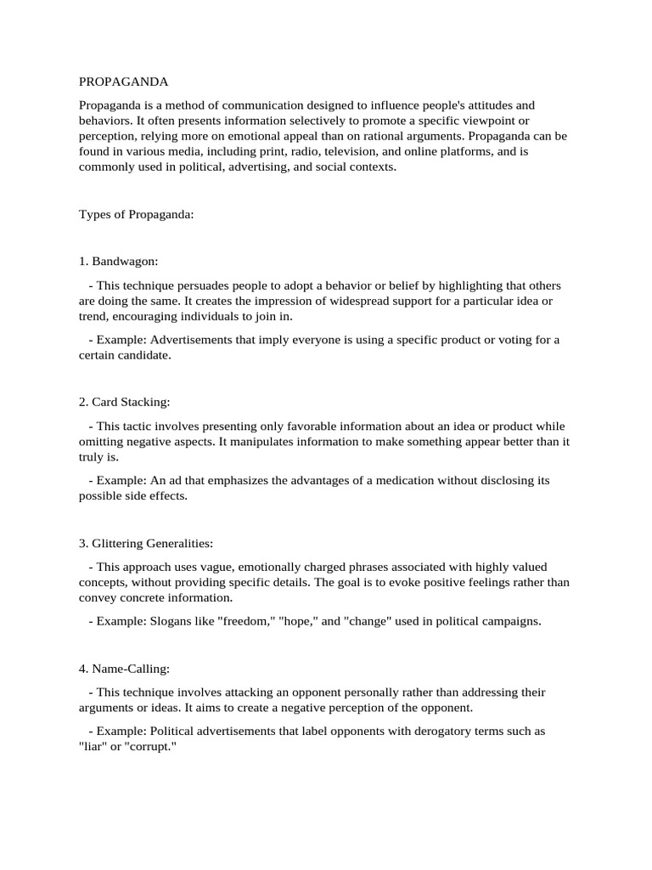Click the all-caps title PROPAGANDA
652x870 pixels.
(x=124, y=82)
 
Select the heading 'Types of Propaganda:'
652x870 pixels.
(x=137, y=215)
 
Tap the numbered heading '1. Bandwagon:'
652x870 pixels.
(x=119, y=261)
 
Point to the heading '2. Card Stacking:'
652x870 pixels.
(x=125, y=401)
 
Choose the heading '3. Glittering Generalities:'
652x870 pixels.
(x=147, y=542)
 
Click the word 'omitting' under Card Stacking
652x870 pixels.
(x=103, y=441)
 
